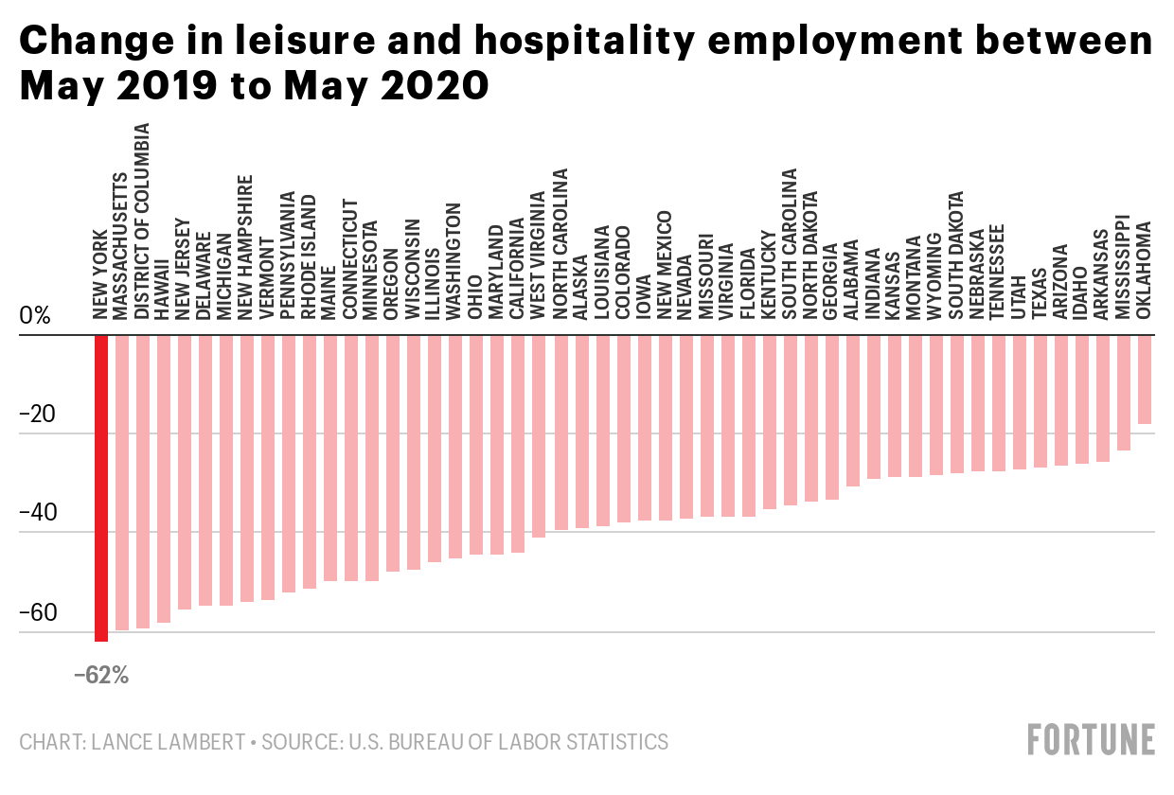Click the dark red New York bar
(x=100, y=487)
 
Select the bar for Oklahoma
(x=1145, y=380)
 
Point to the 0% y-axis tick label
(x=35, y=316)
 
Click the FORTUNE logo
(x=1092, y=739)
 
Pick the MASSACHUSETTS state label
(x=121, y=245)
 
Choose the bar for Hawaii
(x=163, y=479)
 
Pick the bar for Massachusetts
(x=121, y=483)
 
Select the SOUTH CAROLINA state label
(x=790, y=243)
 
